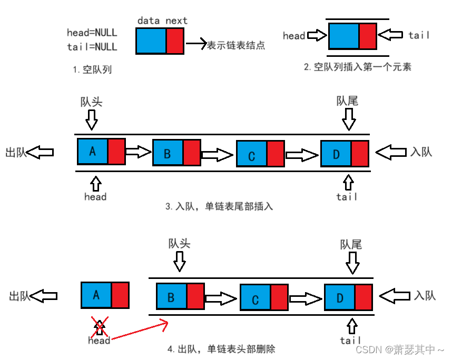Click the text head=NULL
(x=92, y=33)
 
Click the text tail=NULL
(x=92, y=47)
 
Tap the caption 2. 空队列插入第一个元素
(x=358, y=67)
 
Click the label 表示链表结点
(x=236, y=45)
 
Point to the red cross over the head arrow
(x=100, y=327)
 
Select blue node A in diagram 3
(x=93, y=152)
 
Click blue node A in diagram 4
(x=96, y=295)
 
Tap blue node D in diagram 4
(x=339, y=298)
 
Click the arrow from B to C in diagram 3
(x=217, y=155)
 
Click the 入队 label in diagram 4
(x=425, y=295)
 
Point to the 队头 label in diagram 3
(x=91, y=101)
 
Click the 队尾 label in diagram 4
(x=351, y=244)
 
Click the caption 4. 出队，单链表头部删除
(x=221, y=349)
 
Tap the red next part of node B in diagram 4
(x=195, y=296)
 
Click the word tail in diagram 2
(x=419, y=35)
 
